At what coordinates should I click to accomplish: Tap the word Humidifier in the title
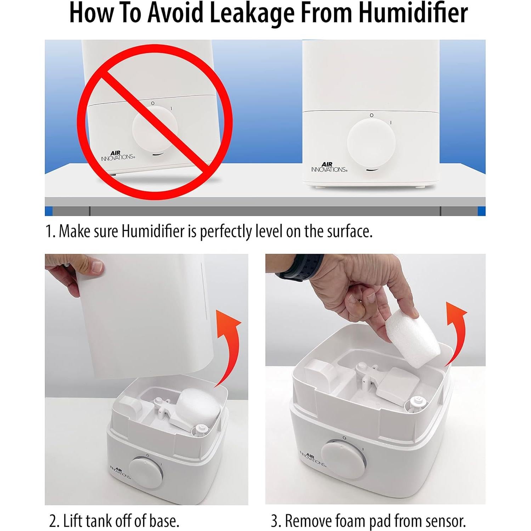tap(413, 13)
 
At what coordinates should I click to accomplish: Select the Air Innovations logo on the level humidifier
tap(329, 167)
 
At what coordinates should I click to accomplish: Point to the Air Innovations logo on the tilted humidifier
tap(118, 156)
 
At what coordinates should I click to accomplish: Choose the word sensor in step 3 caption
tap(445, 521)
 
